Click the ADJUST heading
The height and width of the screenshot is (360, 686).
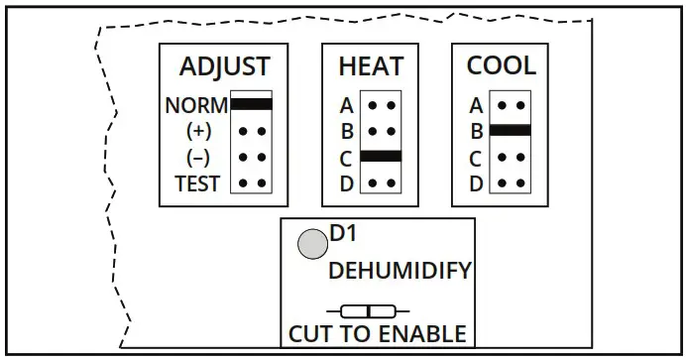[224, 67]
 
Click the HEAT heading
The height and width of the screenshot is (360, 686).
[371, 67]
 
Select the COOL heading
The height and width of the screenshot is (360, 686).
[501, 67]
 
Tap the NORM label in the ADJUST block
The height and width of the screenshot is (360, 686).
[196, 105]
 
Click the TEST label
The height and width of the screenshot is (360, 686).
[197, 183]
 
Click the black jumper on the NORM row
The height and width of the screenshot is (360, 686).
[252, 103]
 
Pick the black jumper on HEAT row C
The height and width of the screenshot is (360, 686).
[381, 156]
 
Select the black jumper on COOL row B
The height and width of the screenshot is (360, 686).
[511, 130]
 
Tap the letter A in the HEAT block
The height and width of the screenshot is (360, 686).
[346, 104]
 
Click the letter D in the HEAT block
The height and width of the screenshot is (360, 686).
[346, 183]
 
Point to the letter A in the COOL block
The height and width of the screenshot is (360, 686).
[476, 104]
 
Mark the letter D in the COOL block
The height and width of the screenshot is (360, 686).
[476, 183]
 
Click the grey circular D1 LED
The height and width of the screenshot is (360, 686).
[313, 244]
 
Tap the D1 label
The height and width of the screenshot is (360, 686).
[343, 235]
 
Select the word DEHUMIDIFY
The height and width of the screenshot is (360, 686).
[400, 271]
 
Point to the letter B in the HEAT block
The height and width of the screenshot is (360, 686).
[346, 131]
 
